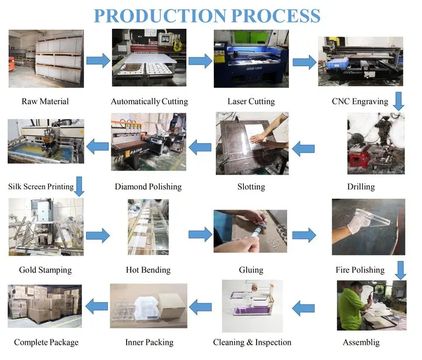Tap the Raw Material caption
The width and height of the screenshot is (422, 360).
pos(45,101)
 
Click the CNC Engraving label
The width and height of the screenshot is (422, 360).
pos(360,101)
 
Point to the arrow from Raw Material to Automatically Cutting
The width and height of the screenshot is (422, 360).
pos(98,60)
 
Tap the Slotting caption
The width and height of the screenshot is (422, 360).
pos(251,186)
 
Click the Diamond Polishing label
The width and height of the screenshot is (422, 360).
pos(148,186)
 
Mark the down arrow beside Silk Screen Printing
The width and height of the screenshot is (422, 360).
pos(80,187)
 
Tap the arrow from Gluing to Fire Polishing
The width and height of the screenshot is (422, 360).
pos(304,236)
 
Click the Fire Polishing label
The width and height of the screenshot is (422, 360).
pos(360,270)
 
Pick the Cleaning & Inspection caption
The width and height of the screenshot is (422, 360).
pos(252,342)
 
